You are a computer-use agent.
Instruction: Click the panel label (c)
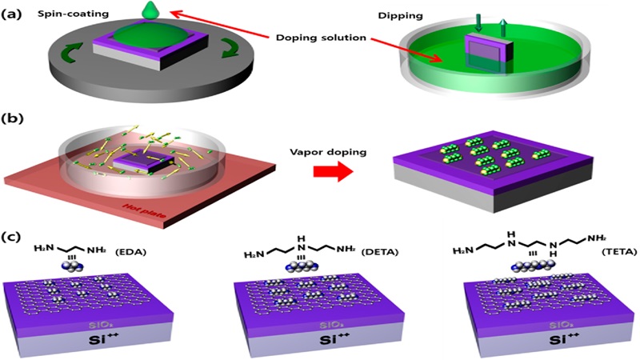[x=14, y=238]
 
